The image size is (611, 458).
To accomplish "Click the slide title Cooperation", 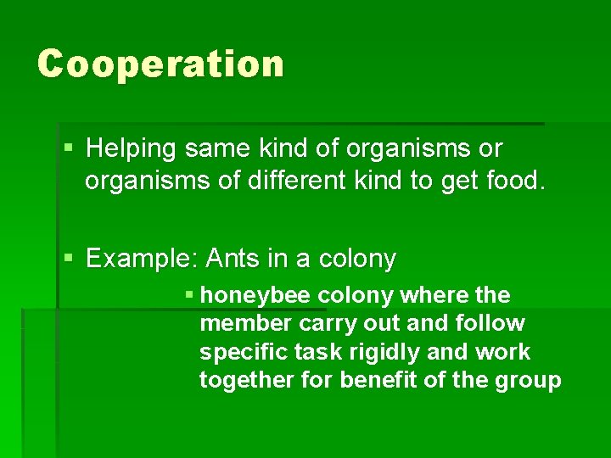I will [x=160, y=64].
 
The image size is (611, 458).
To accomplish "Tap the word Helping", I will [x=132, y=149].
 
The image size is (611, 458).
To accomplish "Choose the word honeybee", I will [x=258, y=296].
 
